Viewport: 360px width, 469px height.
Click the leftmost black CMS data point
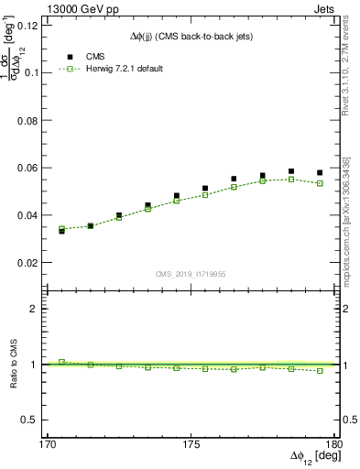[x=61, y=231]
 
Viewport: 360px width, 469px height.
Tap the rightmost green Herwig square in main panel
[x=320, y=183]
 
